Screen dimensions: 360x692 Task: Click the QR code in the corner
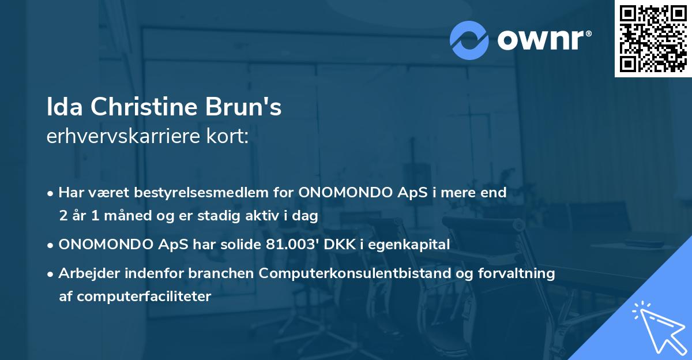tap(653, 39)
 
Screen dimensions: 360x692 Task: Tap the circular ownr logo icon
tap(469, 40)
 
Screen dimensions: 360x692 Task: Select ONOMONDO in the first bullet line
tap(338, 193)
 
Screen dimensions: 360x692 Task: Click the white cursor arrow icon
tap(657, 328)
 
